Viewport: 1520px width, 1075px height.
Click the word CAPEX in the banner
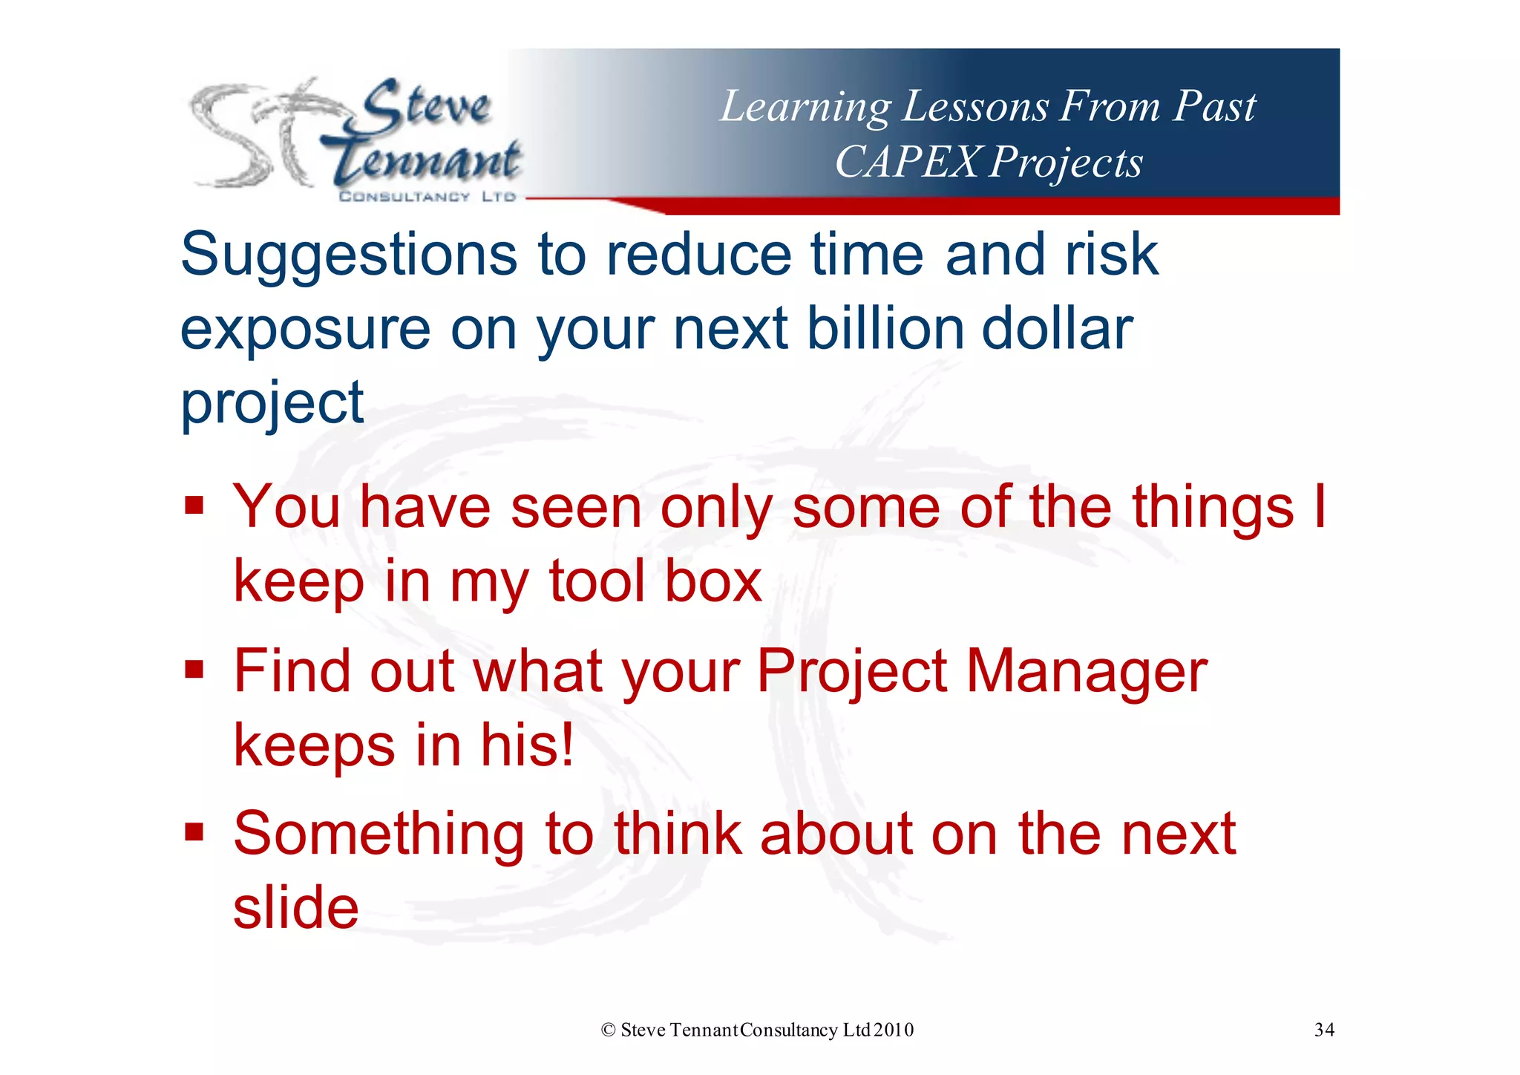(907, 161)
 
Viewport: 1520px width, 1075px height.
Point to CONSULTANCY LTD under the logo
(427, 197)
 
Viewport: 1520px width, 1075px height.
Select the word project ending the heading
(272, 403)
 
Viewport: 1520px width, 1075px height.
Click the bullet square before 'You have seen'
(194, 506)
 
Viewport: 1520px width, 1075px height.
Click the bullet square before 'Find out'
(194, 670)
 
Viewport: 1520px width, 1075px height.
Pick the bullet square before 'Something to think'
(194, 833)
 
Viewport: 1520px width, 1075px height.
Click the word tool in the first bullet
(597, 581)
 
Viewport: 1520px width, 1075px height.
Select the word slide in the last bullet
(295, 907)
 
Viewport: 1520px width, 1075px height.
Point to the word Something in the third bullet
(379, 834)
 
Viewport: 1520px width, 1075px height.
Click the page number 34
(1324, 1030)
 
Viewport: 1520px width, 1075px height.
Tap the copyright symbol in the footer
(609, 1030)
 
